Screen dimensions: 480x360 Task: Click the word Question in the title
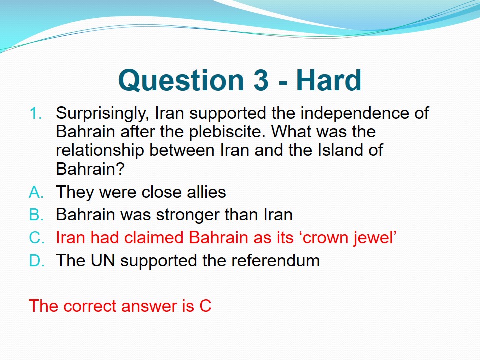[181, 81]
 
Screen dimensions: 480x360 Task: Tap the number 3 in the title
[261, 80]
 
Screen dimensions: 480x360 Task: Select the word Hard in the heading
[329, 80]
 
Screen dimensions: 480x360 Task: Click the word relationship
[100, 151]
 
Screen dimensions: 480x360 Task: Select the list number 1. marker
[36, 114]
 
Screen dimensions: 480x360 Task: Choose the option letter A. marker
[36, 193]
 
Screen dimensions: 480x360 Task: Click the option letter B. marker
[36, 214]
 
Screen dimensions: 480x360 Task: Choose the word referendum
[276, 261]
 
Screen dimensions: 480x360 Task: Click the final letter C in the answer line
[205, 306]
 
